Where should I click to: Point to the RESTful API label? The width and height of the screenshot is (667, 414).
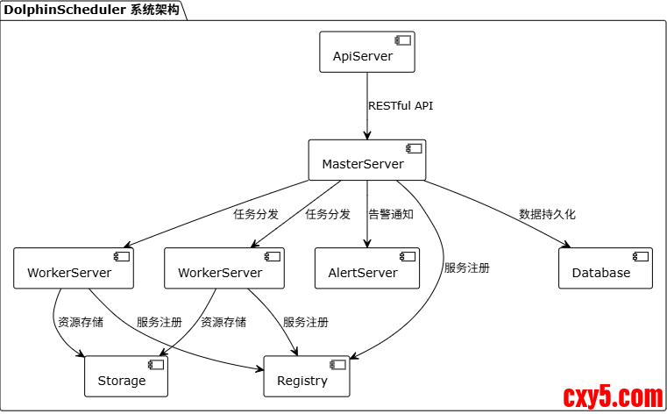(401, 106)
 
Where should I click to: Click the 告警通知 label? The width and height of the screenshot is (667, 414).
(391, 214)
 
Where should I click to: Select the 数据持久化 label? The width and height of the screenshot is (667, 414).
(547, 214)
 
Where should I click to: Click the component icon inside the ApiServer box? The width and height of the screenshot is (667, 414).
(403, 40)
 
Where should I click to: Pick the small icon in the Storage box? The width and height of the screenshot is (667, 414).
(156, 364)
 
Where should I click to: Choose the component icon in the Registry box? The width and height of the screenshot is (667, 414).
(337, 364)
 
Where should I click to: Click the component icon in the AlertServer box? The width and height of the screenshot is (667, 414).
(408, 256)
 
